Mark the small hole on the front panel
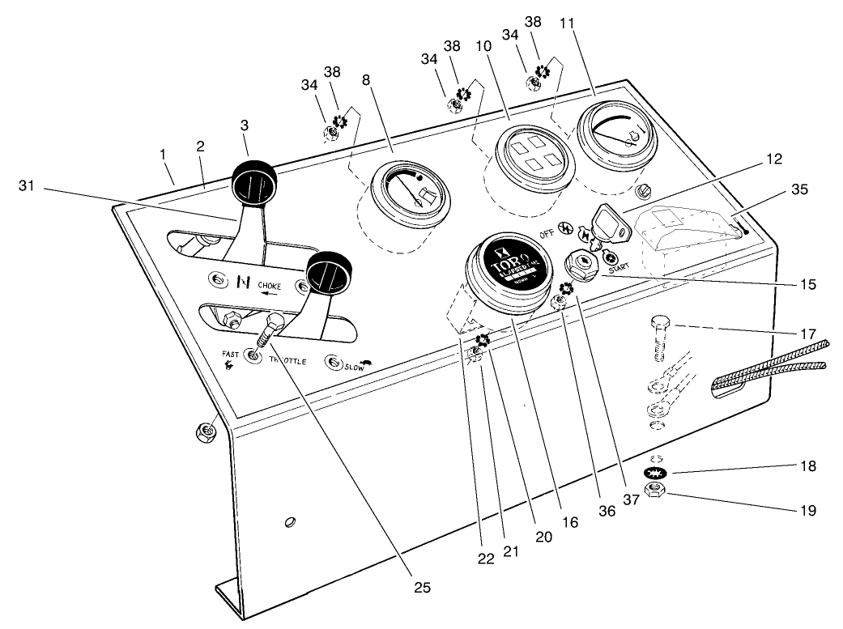(289, 523)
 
